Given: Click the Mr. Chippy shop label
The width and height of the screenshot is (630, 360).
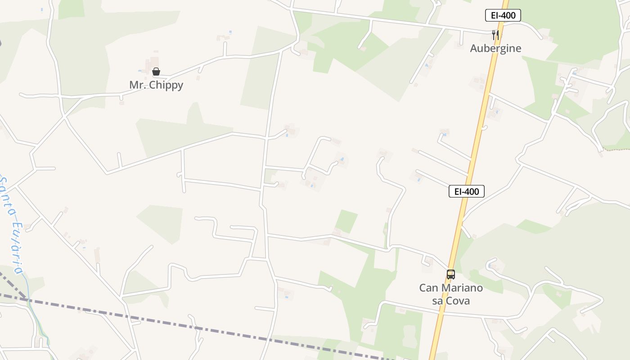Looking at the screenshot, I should [156, 85].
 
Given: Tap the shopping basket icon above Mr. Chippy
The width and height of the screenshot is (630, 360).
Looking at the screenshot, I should [156, 72].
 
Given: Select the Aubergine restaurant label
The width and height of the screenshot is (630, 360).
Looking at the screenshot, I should [495, 49].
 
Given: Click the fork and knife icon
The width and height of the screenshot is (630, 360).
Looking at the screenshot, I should [495, 35].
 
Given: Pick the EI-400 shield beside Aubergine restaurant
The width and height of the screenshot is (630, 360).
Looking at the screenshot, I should [503, 15].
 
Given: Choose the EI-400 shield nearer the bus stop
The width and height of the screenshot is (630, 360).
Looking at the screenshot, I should [467, 191].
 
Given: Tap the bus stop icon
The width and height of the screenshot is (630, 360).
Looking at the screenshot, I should [450, 274].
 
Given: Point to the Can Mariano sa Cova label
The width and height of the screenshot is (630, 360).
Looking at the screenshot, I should [451, 294].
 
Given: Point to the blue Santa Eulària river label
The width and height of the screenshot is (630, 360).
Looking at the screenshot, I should [11, 225].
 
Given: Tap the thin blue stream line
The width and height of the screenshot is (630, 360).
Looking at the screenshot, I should [36, 315].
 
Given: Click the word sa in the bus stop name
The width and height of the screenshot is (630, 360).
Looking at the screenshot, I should [437, 301].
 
